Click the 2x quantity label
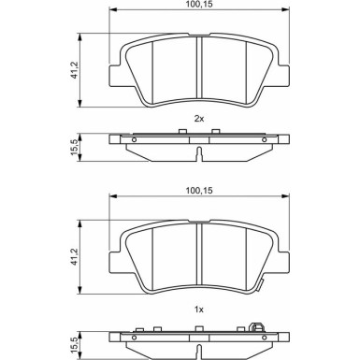[199, 119]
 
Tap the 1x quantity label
[199, 310]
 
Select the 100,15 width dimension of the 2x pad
[199, 5]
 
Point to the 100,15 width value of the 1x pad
[199, 190]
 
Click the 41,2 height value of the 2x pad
[75, 70]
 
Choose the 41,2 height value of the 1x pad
[75, 256]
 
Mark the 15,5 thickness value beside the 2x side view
[75, 148]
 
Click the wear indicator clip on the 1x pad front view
[259, 285]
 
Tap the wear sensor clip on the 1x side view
[256, 327]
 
